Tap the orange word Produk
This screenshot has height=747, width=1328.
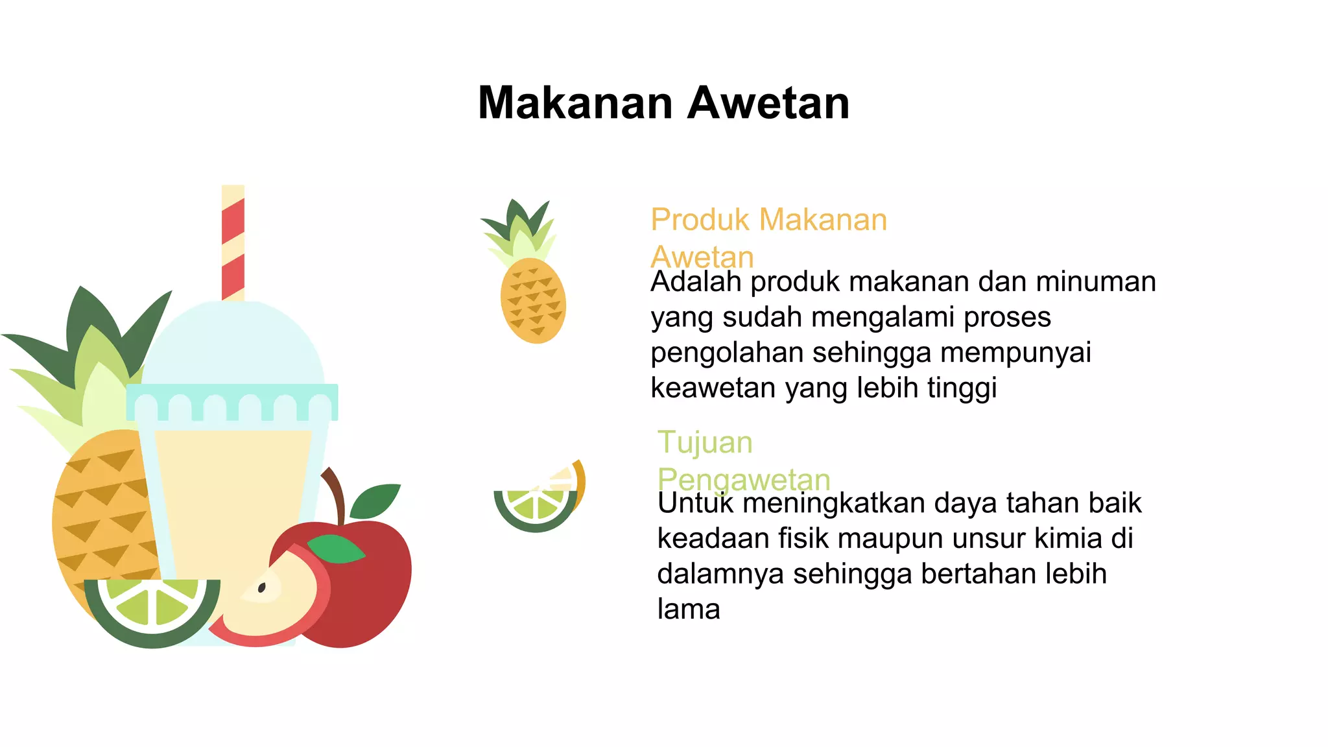pyautogui.click(x=700, y=220)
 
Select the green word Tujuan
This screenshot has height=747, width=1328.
pyautogui.click(x=705, y=443)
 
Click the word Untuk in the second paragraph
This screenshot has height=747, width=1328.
pyautogui.click(x=695, y=503)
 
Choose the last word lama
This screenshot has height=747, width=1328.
pyautogui.click(x=689, y=610)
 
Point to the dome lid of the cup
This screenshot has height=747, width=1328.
pyautogui.click(x=232, y=344)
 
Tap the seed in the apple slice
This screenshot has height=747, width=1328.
pyautogui.click(x=262, y=588)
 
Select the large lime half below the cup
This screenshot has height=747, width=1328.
pyautogui.click(x=153, y=610)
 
